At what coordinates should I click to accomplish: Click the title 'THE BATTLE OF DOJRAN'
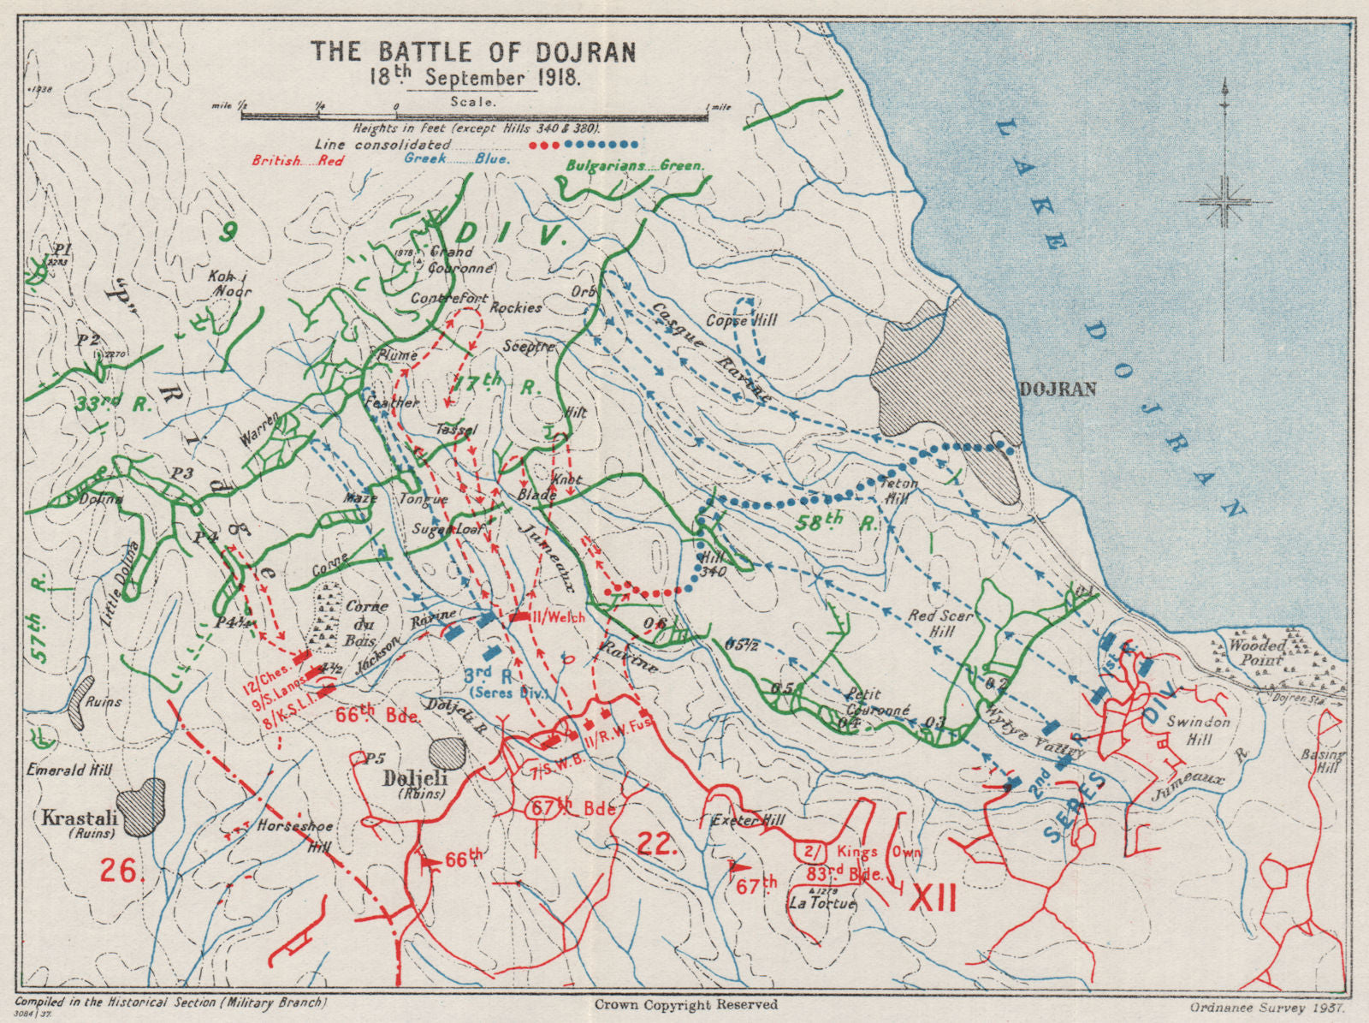click(x=473, y=51)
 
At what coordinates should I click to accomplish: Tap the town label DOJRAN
click(x=1058, y=390)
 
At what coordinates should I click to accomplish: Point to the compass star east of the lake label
click(x=1226, y=203)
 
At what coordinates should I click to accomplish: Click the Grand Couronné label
click(x=451, y=259)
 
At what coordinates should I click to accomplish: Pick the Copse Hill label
click(x=742, y=320)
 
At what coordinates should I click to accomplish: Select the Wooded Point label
click(x=1257, y=652)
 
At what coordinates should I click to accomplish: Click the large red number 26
click(x=119, y=871)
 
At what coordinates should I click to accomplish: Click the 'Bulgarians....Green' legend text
click(x=634, y=164)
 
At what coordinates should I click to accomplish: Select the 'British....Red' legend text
click(x=297, y=160)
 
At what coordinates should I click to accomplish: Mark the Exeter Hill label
click(x=748, y=821)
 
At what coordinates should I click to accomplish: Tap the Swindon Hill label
click(x=1199, y=730)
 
